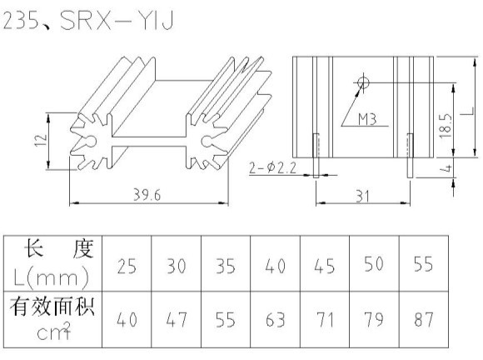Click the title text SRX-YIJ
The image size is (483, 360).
117,20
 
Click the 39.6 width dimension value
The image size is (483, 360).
147,195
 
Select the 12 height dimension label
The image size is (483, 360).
41,141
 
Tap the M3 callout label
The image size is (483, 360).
367,118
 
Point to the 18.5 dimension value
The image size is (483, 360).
446,126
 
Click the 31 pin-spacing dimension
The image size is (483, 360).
362,196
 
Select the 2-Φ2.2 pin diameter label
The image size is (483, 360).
272,168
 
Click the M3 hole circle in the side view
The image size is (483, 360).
363,82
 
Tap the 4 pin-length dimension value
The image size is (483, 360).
447,168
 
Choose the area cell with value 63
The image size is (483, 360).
276,320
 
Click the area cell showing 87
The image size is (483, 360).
424,319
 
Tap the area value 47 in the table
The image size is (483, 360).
177,320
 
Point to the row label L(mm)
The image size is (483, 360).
52,277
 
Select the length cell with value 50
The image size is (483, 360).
374,264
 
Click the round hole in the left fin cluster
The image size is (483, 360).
91,141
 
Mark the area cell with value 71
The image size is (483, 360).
325,320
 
